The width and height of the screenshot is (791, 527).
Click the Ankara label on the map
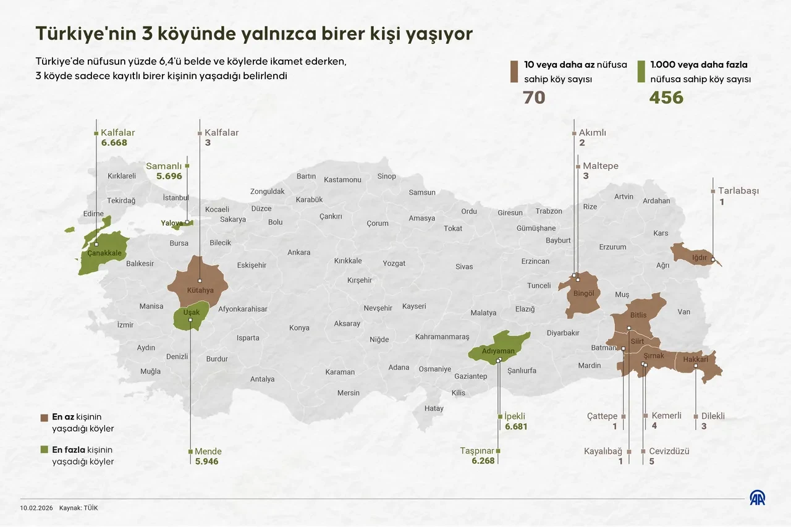click(x=298, y=253)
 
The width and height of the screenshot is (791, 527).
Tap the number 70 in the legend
click(x=534, y=98)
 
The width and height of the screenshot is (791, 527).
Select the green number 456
click(x=666, y=98)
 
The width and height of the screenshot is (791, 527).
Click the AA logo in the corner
click(x=758, y=498)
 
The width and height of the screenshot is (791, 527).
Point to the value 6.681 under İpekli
click(x=515, y=427)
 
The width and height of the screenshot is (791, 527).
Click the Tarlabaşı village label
click(x=738, y=191)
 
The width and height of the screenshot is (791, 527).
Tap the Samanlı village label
click(x=164, y=166)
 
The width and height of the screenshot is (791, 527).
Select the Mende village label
click(x=208, y=452)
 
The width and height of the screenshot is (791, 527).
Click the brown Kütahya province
click(x=198, y=278)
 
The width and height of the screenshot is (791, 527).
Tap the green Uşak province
click(x=189, y=319)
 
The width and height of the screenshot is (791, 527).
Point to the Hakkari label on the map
click(x=695, y=359)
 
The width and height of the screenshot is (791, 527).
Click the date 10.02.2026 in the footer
click(x=35, y=508)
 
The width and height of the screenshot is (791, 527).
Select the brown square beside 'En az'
click(x=44, y=417)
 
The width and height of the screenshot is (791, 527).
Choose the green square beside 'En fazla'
click(x=44, y=450)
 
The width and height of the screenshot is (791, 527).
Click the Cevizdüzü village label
click(x=669, y=452)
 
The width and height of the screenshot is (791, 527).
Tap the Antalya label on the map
click(x=262, y=379)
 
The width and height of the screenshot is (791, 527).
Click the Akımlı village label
click(x=593, y=133)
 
